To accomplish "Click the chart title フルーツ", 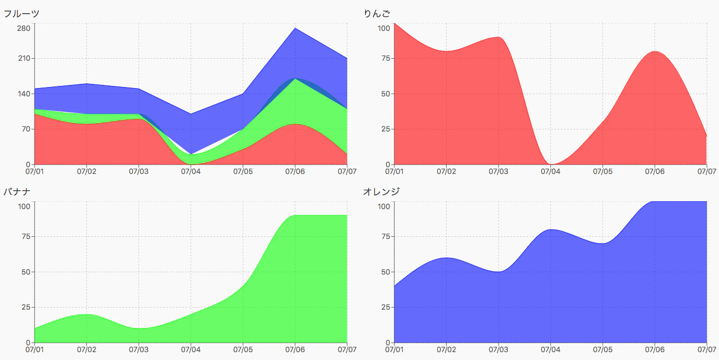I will [x=21, y=14].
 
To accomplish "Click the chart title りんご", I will [x=377, y=14].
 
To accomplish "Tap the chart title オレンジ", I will [x=381, y=192].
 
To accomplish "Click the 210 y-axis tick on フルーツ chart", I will [x=24, y=59].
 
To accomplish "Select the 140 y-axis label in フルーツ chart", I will [x=24, y=94].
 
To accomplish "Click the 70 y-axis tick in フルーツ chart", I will [x=26, y=129].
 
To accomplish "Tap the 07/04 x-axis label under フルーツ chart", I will [x=191, y=171].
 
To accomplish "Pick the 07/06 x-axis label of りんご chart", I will [x=655, y=171].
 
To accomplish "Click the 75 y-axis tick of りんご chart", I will [x=385, y=59].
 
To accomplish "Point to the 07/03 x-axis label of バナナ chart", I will [x=139, y=349].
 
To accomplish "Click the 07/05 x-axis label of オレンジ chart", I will [x=603, y=349].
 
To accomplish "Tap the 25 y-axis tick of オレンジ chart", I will [x=385, y=307].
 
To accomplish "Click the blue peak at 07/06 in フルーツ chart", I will [x=295, y=28].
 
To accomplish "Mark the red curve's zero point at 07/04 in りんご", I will [x=550, y=164].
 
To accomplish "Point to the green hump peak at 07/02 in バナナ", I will [x=86, y=314].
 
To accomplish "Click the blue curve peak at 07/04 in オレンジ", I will [x=550, y=230].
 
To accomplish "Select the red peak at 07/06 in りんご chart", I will [x=655, y=51].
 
